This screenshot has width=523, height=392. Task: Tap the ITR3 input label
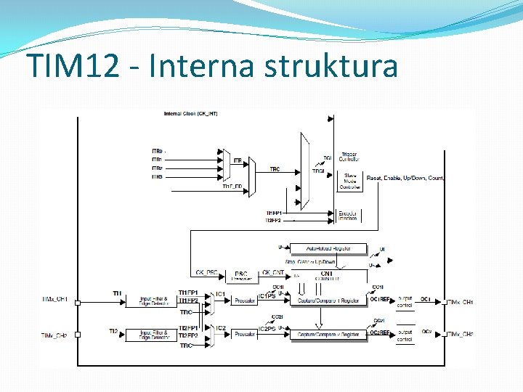coord(157,177)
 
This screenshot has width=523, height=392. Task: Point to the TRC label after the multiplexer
coord(275,169)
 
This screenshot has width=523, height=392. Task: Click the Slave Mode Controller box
coord(351,181)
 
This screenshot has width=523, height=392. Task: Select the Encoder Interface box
coord(349,216)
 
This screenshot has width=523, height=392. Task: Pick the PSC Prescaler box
coord(241,276)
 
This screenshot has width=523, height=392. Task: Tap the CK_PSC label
coord(206,273)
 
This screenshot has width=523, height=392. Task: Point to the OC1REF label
coord(381,299)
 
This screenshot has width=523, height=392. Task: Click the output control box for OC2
coord(405,335)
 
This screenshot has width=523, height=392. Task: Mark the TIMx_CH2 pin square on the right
coord(444,335)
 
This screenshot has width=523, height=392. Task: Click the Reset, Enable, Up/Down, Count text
coord(405,178)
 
